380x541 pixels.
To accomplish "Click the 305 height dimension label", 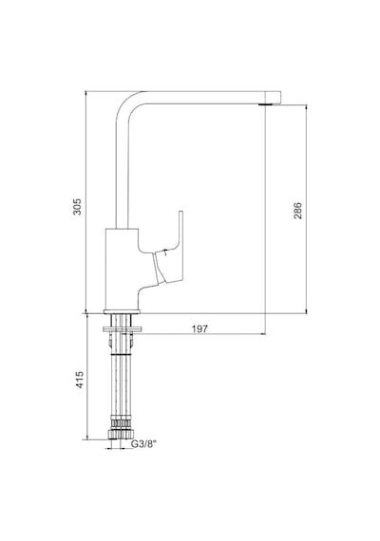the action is [x=77, y=206].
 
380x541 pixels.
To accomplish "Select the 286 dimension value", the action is [x=297, y=211].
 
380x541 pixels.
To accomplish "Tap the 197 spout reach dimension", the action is [x=200, y=328].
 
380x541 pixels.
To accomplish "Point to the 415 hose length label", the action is [x=80, y=380].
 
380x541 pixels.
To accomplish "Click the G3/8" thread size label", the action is [x=143, y=444].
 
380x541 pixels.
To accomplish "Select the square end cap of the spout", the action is [x=275, y=97].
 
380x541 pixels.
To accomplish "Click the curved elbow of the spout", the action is [x=128, y=103].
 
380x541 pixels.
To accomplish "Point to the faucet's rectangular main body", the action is [x=122, y=269].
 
